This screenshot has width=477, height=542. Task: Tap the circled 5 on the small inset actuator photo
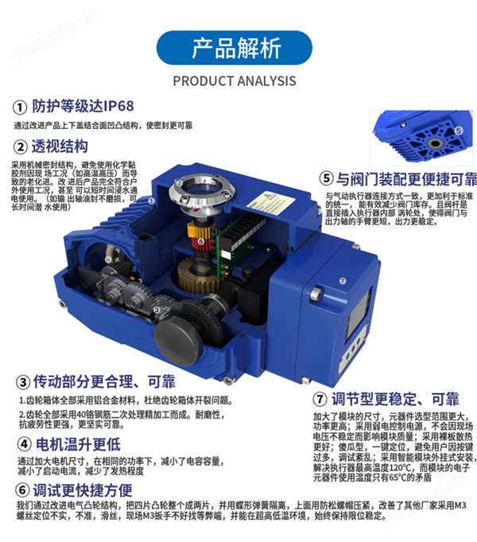click(x=458, y=130)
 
